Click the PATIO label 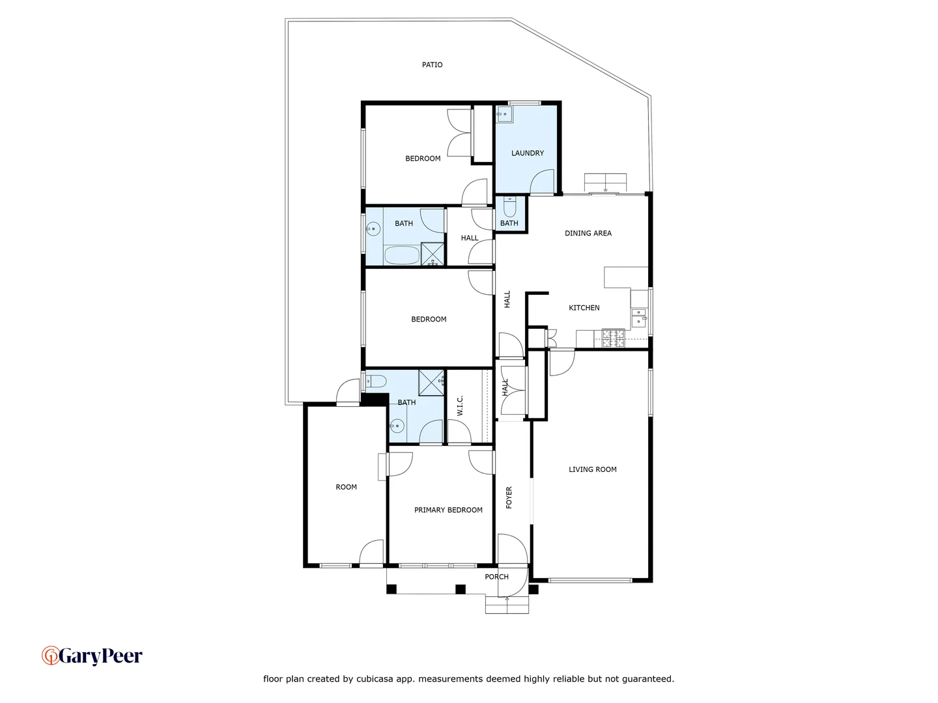[432, 65]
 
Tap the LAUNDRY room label [527, 154]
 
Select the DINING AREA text [588, 233]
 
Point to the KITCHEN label [584, 308]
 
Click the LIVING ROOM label [592, 469]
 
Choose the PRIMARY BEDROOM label [448, 510]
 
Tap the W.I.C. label [460, 406]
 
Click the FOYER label [509, 497]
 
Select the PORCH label [496, 577]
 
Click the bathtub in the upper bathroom [401, 255]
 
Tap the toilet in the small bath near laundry [509, 208]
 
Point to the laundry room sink [504, 115]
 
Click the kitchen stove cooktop [613, 337]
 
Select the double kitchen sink [639, 317]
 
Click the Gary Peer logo [92, 655]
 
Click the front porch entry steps [507, 605]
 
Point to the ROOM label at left [346, 488]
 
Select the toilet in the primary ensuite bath [376, 381]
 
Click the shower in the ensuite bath [431, 382]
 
